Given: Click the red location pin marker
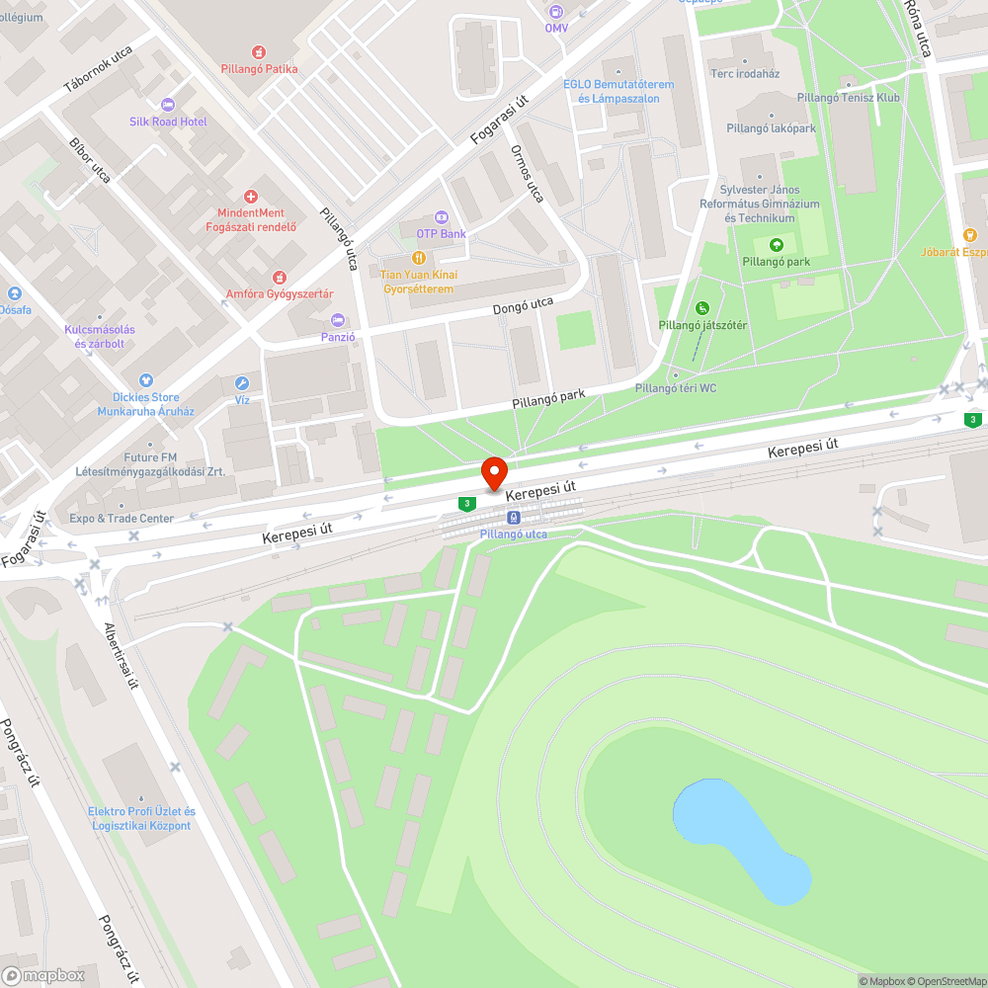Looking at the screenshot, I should (x=493, y=471).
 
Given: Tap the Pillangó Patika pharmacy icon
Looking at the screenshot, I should (x=259, y=50).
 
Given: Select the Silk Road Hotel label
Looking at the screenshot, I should (x=168, y=122).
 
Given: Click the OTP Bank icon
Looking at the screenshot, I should (x=441, y=217).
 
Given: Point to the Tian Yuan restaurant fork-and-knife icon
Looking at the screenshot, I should (x=417, y=258).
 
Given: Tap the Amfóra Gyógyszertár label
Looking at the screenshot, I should (x=280, y=294).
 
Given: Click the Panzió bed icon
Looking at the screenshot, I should (x=338, y=320).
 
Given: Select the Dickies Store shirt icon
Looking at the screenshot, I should (x=146, y=379).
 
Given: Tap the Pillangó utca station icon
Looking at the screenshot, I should (x=513, y=518).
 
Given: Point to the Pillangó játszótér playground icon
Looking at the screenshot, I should (x=702, y=308).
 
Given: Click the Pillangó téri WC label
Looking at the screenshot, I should (x=676, y=388).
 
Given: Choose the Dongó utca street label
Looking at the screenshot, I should (x=523, y=307).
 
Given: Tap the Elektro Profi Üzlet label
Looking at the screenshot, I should (x=141, y=818).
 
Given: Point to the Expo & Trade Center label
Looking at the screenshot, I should (x=122, y=519).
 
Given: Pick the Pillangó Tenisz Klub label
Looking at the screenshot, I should (x=849, y=98).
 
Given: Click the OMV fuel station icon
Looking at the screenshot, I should (x=556, y=12).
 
